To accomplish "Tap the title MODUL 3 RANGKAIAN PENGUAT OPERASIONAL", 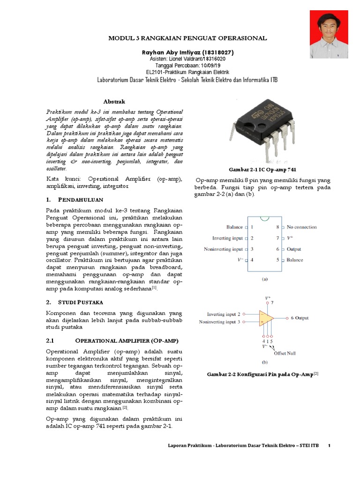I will tap(187, 38).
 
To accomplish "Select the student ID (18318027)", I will tap(215, 52).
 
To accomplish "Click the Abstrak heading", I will tap(114, 101).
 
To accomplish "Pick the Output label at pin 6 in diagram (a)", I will tap(294, 249).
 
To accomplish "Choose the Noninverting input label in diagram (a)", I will tap(223, 249).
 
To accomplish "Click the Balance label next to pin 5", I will tap(295, 260).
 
